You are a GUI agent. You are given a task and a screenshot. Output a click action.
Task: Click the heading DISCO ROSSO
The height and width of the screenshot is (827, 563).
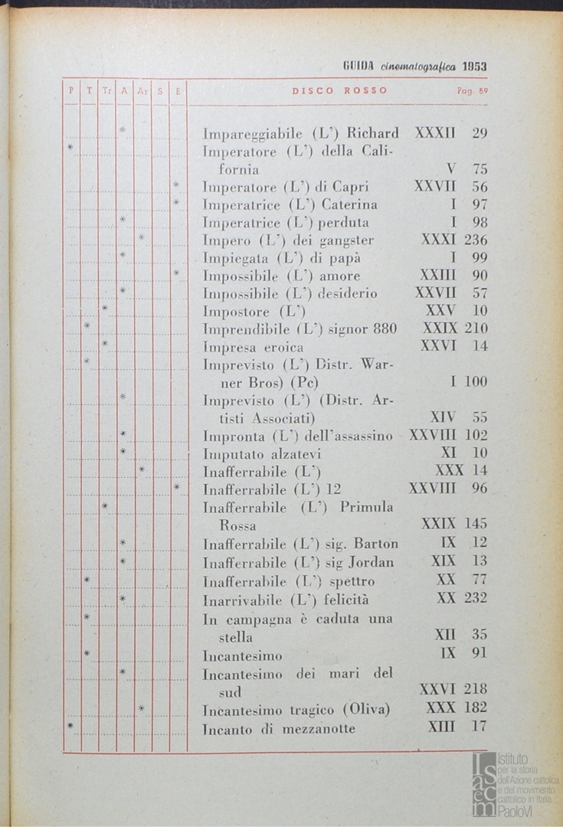point(339,90)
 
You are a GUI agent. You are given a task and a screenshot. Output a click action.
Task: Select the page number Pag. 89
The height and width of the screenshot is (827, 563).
point(472,91)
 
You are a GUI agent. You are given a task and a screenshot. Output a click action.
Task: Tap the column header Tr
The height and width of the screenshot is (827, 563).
point(106,90)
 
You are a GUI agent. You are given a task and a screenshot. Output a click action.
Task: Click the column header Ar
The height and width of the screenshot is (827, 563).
point(142,90)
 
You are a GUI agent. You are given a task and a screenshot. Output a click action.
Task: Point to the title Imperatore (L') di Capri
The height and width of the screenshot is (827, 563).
point(285,187)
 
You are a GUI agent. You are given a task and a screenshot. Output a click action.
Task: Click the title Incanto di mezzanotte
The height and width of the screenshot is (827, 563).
point(279,729)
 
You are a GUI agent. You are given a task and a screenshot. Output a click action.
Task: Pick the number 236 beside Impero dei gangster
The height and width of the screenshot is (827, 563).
point(476,240)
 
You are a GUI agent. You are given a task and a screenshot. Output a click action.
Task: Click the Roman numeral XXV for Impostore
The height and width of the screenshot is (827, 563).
point(440,311)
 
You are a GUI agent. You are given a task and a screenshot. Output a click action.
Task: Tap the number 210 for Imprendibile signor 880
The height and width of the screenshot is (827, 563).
point(476,329)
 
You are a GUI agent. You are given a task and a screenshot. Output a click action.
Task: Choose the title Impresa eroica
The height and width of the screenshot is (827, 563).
point(253,347)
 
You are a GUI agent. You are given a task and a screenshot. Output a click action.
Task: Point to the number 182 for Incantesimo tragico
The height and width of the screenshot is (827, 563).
point(475,708)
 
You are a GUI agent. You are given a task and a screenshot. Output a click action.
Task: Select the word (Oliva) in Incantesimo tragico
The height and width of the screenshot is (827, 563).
point(366,710)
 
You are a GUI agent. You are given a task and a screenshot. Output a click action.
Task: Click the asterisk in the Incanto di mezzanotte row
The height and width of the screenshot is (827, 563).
point(70,725)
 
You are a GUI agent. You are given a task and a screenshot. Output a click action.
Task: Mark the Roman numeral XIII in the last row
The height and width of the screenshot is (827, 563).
point(441,727)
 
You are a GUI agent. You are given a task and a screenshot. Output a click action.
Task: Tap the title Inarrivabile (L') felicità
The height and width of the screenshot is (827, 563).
point(285,598)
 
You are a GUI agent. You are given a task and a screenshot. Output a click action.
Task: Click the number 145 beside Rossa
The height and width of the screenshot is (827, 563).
point(476,525)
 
